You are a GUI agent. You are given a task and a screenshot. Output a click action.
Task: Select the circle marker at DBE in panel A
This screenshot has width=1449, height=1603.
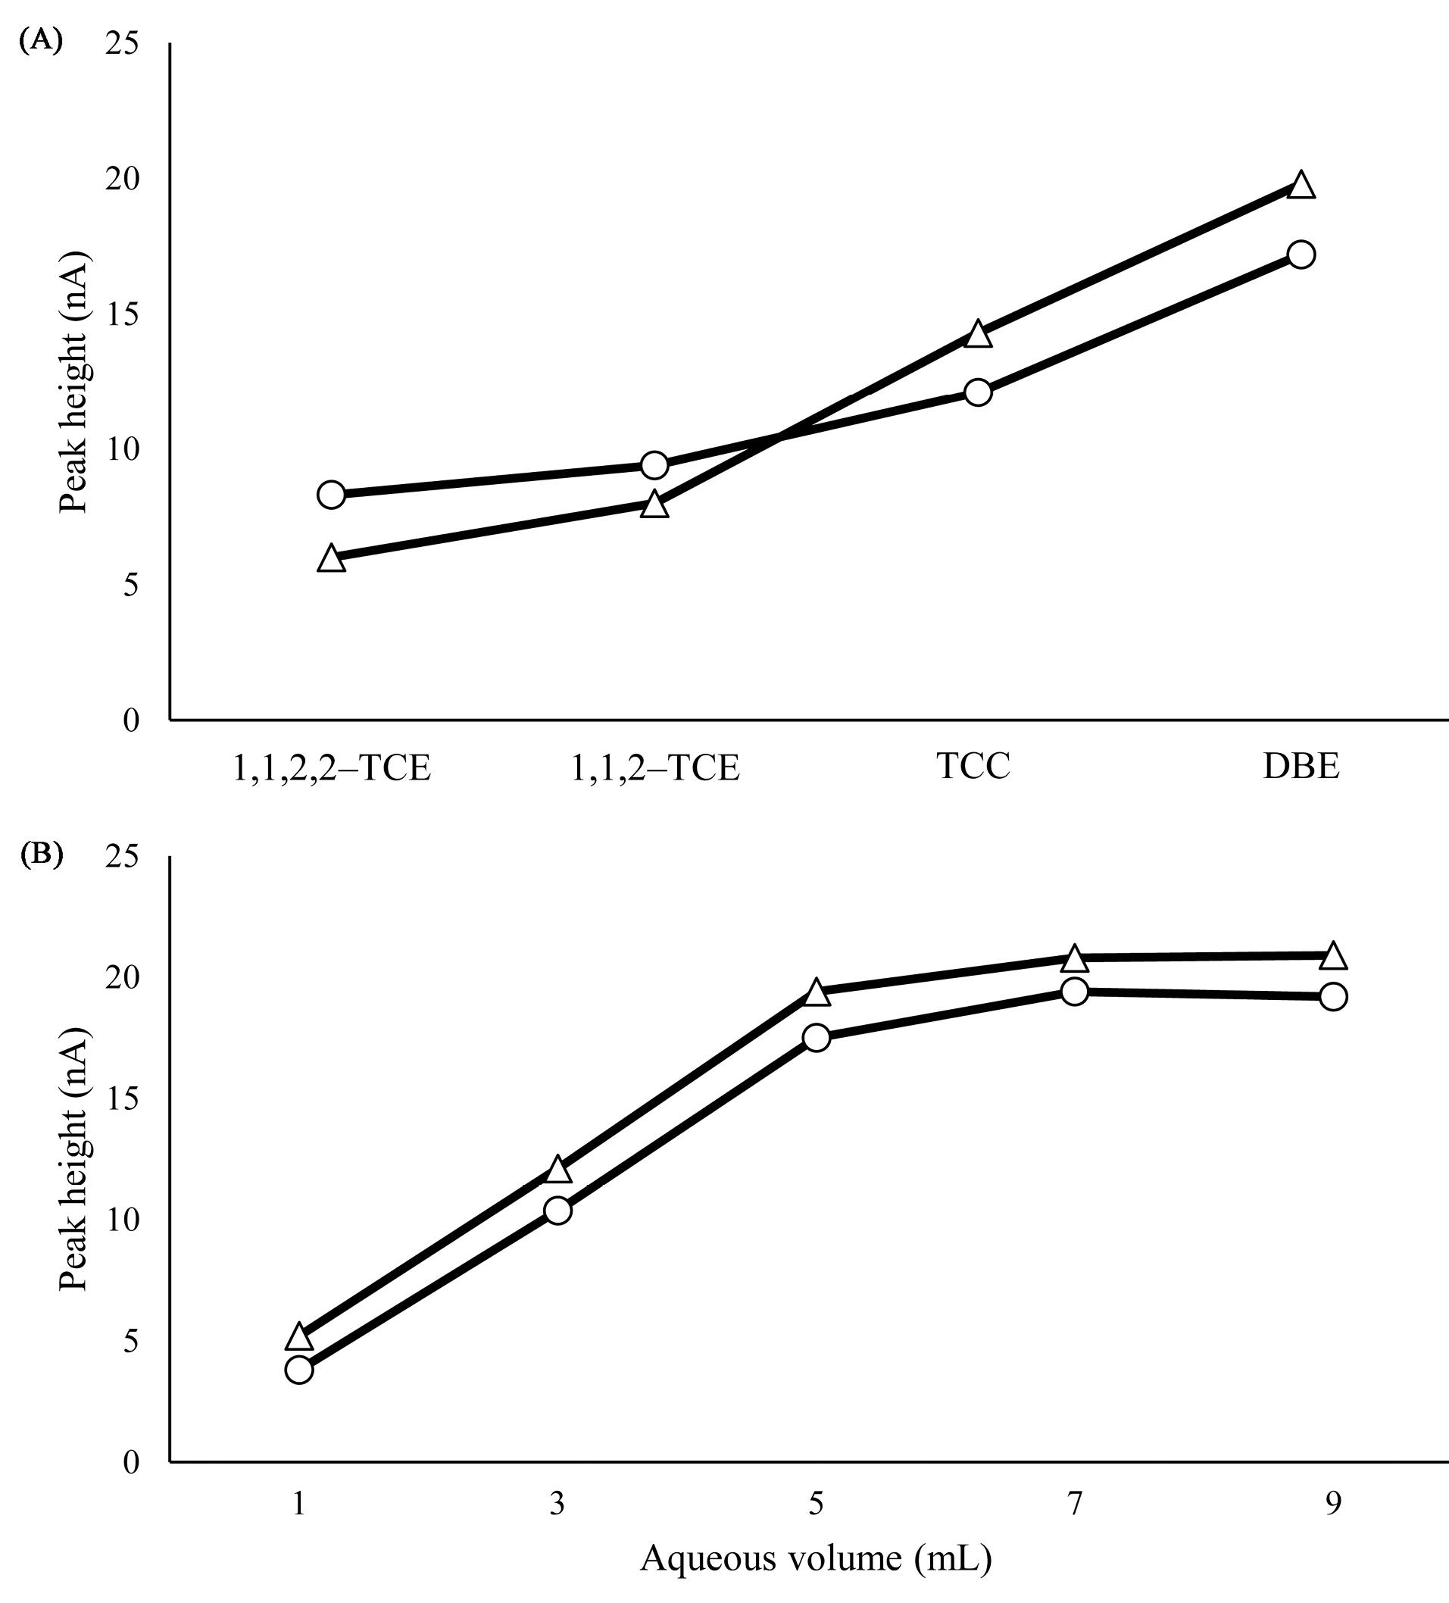1301,255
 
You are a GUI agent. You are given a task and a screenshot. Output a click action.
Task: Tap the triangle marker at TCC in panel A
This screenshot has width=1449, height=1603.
979,335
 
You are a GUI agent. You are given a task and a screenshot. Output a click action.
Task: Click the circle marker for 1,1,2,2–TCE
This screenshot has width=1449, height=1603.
331,495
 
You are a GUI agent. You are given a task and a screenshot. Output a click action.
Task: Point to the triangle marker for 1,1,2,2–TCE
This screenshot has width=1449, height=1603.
331,559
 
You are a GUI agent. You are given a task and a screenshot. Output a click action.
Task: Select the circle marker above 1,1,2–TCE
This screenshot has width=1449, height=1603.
654,465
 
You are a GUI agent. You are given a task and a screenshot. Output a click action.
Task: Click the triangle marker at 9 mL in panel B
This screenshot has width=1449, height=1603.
1333,957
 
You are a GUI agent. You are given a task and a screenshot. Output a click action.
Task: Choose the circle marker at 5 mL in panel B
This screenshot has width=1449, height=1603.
817,1038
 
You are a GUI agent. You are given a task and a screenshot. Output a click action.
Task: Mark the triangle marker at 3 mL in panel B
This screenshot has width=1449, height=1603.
557,1170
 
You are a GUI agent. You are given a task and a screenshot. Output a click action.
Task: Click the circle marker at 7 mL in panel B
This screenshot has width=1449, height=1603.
1075,992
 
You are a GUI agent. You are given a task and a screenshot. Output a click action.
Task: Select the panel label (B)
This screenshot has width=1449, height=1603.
39,854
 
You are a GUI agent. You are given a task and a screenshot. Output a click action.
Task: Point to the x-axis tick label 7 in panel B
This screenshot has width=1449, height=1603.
1075,1504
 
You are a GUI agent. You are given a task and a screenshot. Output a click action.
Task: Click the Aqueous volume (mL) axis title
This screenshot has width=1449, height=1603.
816,1558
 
